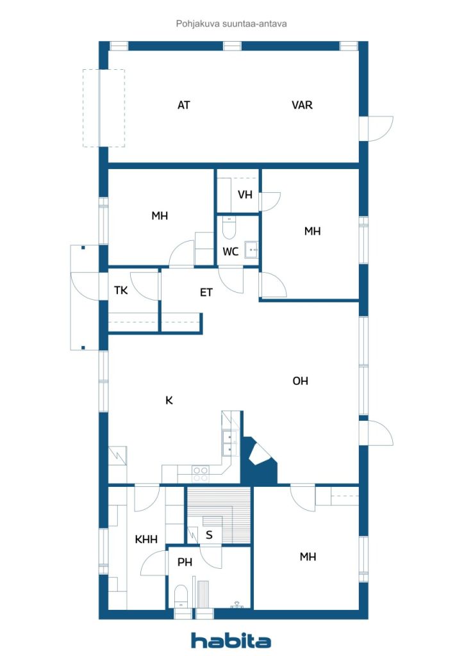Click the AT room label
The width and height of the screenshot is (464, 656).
[x=184, y=105]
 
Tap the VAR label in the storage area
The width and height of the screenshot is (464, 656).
[x=302, y=105]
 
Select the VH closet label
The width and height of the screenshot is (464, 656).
[x=245, y=195]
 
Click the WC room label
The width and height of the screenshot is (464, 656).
[x=231, y=251]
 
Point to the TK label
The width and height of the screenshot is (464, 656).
[x=121, y=290]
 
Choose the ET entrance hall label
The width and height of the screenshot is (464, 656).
[x=206, y=292]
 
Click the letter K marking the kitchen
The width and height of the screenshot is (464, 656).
[x=169, y=400]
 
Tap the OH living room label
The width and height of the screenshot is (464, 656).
[x=301, y=381]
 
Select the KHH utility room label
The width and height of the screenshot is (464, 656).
[x=146, y=539]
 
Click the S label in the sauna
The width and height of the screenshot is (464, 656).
[x=209, y=535]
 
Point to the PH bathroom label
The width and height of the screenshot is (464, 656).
[x=185, y=562]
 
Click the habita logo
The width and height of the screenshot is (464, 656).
[x=231, y=641]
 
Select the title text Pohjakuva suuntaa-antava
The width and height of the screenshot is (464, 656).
[x=231, y=24]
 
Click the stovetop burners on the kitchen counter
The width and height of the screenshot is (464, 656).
[x=201, y=475]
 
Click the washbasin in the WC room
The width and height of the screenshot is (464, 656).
[x=251, y=250]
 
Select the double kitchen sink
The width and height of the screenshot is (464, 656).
[x=229, y=443]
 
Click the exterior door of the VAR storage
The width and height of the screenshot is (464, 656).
[x=376, y=128]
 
